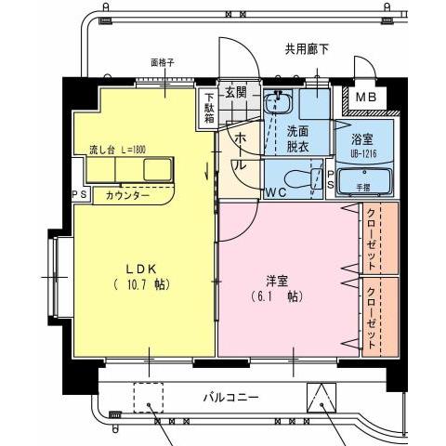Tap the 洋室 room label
276,278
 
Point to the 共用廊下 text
307,49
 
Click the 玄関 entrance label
235,92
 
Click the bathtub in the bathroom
361,179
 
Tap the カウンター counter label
127,196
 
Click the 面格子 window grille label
163,64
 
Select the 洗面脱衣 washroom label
298,138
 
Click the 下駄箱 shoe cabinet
210,107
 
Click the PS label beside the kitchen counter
79,195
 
